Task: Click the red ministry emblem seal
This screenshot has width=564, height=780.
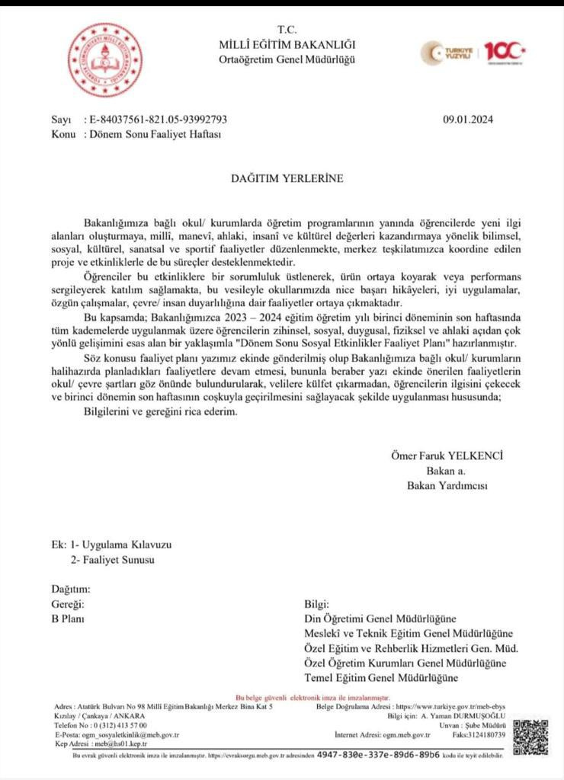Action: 106,59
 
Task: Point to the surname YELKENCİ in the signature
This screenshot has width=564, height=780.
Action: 476,456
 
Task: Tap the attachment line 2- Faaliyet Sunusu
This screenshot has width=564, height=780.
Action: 112,560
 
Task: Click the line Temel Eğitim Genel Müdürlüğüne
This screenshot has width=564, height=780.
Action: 381,678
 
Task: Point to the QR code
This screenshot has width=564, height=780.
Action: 530,737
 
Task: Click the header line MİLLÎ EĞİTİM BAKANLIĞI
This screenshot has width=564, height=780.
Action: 287,44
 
